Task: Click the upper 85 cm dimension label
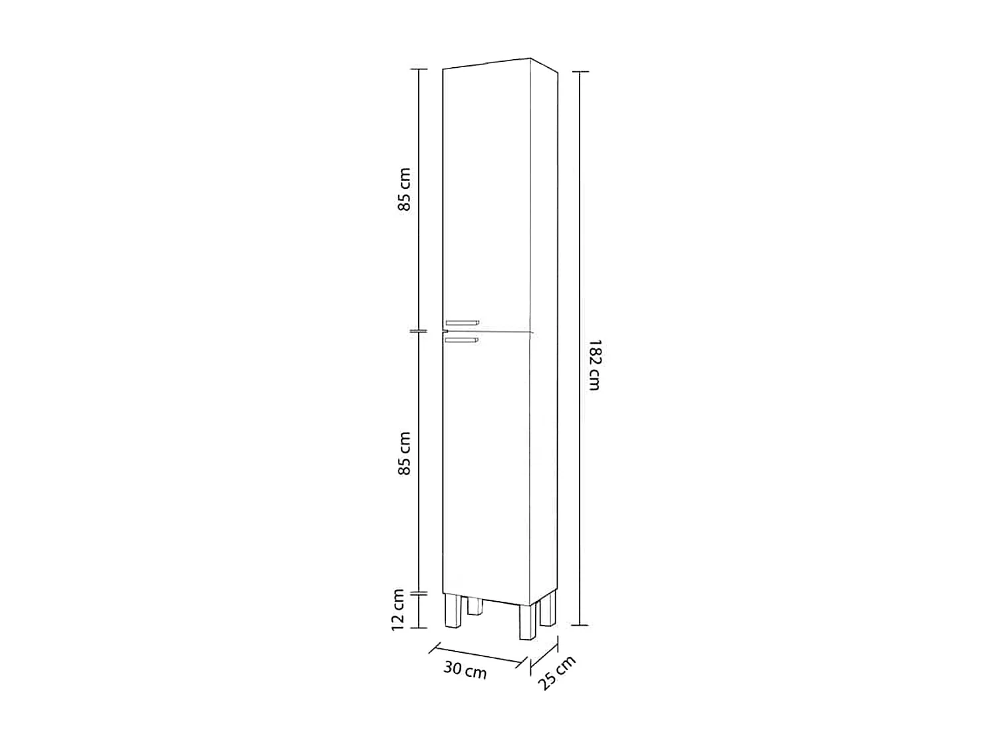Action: tap(405, 189)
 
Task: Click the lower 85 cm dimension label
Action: tap(405, 453)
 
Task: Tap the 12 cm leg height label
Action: tap(398, 610)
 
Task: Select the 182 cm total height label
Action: tap(594, 365)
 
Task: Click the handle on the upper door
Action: tap(462, 324)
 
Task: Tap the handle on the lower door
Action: tap(462, 340)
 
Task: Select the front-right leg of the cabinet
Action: tap(527, 622)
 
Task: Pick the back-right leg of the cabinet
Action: tap(547, 608)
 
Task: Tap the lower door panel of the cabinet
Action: tap(487, 465)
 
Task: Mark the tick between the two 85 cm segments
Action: tap(418, 330)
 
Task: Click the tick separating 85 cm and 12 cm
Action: tap(418, 592)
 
